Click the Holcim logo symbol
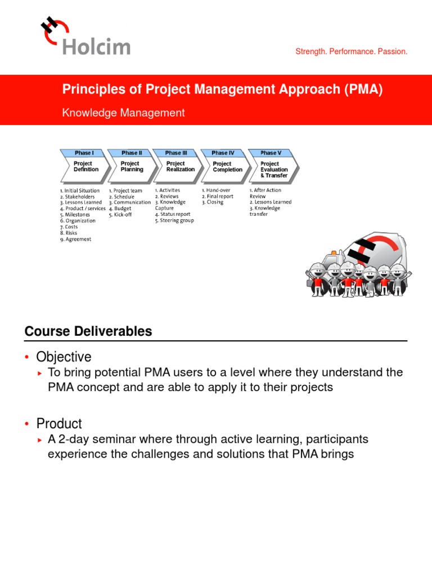(56, 29)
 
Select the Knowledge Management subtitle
(123, 113)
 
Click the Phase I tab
(84, 153)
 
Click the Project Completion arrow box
(227, 167)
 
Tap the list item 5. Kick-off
(120, 215)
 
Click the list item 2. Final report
(218, 196)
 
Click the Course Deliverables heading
(88, 331)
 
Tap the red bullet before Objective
(27, 357)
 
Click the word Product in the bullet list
(59, 424)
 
